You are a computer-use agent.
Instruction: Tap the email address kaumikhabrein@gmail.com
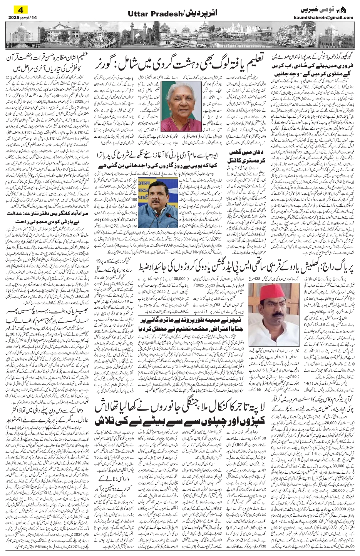click(x=328, y=17)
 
